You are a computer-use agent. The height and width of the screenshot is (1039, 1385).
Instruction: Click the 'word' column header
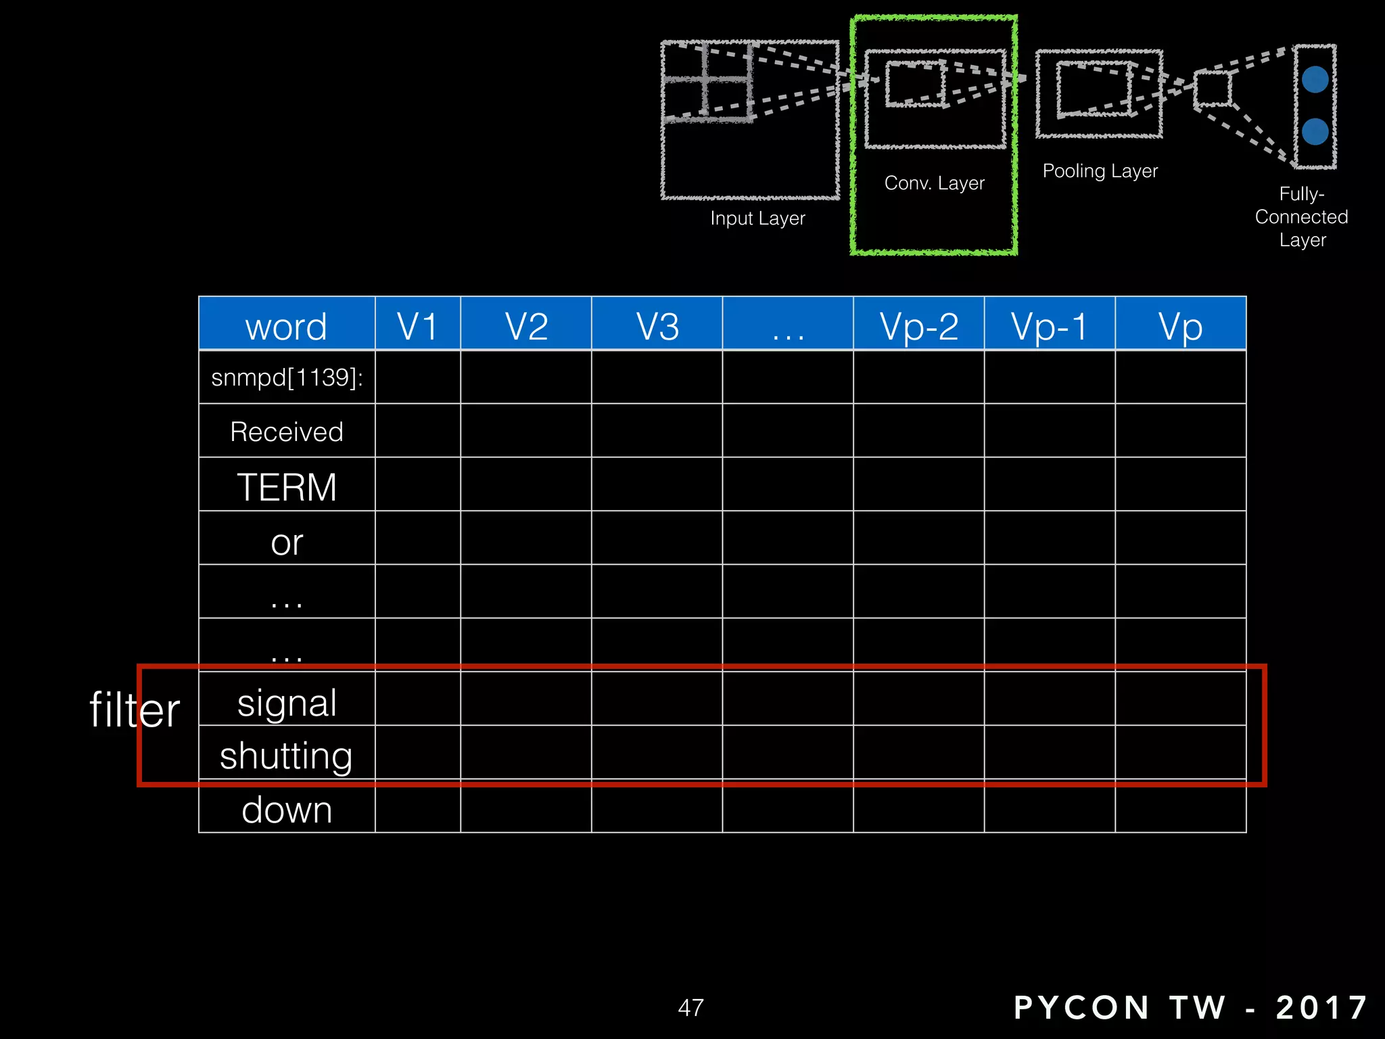pyautogui.click(x=286, y=326)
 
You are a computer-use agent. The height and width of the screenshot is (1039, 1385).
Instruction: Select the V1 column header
pyautogui.click(x=417, y=326)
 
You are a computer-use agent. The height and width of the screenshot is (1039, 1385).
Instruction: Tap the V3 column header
pyautogui.click(x=657, y=326)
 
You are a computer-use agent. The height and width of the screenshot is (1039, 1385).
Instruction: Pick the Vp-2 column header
pyautogui.click(x=918, y=326)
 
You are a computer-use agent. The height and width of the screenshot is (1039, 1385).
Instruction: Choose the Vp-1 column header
pyautogui.click(x=1050, y=326)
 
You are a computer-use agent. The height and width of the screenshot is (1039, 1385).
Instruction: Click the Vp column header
pyautogui.click(x=1180, y=326)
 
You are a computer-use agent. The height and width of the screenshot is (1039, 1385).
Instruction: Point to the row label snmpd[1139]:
pyautogui.click(x=287, y=377)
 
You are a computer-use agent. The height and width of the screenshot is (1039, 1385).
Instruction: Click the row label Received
pyautogui.click(x=287, y=432)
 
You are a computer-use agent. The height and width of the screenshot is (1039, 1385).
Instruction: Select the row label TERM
pyautogui.click(x=287, y=487)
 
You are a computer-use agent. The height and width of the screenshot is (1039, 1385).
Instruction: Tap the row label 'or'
pyautogui.click(x=287, y=542)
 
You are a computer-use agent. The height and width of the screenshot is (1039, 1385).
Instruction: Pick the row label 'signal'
pyautogui.click(x=287, y=703)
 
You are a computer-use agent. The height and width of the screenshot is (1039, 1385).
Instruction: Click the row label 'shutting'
pyautogui.click(x=287, y=756)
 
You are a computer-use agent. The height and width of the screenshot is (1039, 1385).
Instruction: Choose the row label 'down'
pyautogui.click(x=287, y=810)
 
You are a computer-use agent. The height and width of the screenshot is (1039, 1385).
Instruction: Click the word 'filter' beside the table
pyautogui.click(x=135, y=710)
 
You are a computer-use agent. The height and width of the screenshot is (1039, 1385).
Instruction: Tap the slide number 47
pyautogui.click(x=690, y=1008)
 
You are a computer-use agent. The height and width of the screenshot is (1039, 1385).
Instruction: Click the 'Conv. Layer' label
pyautogui.click(x=934, y=183)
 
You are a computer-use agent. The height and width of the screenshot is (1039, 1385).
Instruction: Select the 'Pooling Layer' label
pyautogui.click(x=1100, y=171)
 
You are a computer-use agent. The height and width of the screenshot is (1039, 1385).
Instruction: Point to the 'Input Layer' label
pyautogui.click(x=757, y=218)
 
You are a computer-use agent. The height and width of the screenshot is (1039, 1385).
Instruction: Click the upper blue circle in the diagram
pyautogui.click(x=1315, y=80)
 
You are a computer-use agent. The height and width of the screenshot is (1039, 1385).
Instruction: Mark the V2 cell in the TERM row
pyautogui.click(x=525, y=484)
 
